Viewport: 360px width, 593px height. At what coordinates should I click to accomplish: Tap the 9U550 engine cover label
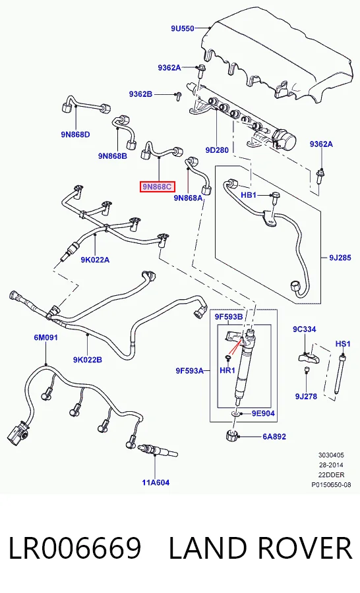tap(182, 28)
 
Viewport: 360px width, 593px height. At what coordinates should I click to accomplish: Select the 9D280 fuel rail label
tap(217, 150)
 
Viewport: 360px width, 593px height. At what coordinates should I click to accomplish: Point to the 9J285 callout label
tap(340, 258)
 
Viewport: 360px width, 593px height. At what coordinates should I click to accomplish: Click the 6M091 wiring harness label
tap(45, 337)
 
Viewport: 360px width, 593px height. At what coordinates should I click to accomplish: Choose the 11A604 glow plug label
tap(156, 482)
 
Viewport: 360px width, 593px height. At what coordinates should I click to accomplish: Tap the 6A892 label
tap(274, 436)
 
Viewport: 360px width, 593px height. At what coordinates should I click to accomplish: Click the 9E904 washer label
tap(263, 413)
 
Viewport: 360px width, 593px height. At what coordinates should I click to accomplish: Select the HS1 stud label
tap(343, 344)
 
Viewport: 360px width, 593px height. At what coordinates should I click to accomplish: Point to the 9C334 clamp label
tap(305, 329)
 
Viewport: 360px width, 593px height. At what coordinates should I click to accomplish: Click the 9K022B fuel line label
tap(88, 360)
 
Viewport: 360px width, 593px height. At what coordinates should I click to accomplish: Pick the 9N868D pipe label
tap(75, 134)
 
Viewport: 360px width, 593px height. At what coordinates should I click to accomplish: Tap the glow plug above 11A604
tap(158, 451)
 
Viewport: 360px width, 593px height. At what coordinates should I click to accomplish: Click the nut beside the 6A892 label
tap(231, 436)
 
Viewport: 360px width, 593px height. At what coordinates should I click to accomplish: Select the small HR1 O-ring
tap(228, 357)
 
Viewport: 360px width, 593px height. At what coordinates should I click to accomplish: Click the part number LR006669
tap(75, 548)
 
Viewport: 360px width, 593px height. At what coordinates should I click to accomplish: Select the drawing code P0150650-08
tap(331, 484)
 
